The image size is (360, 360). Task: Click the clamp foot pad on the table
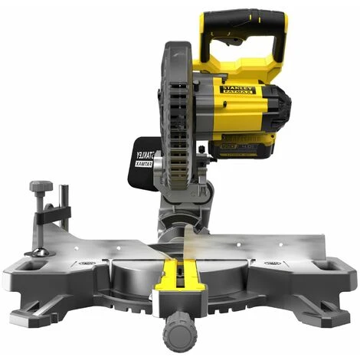coord(34,252)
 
